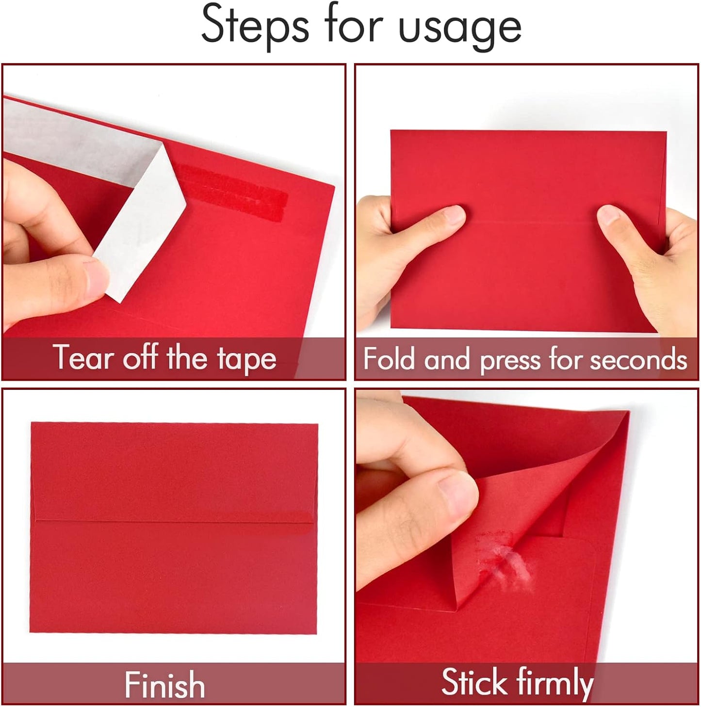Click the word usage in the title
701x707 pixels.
click(x=459, y=27)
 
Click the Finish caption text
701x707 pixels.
click(x=164, y=685)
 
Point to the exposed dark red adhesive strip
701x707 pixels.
click(x=233, y=192)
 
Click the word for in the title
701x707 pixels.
click(x=354, y=24)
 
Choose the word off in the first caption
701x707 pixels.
click(x=140, y=358)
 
